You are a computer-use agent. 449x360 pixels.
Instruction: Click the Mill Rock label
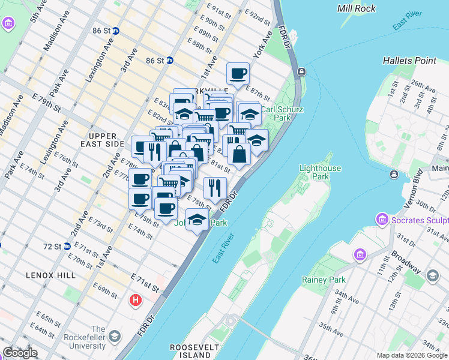click(357, 8)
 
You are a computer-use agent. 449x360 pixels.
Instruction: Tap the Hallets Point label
click(409, 61)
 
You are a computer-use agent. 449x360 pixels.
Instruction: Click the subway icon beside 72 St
click(68, 246)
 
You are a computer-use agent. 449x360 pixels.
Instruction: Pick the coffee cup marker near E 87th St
click(238, 74)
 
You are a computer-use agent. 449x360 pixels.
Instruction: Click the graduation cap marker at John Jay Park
click(197, 220)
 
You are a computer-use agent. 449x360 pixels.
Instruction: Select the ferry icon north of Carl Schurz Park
click(301, 72)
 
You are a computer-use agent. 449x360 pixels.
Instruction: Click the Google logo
click(20, 353)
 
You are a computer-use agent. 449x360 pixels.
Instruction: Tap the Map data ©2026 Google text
click(412, 355)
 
